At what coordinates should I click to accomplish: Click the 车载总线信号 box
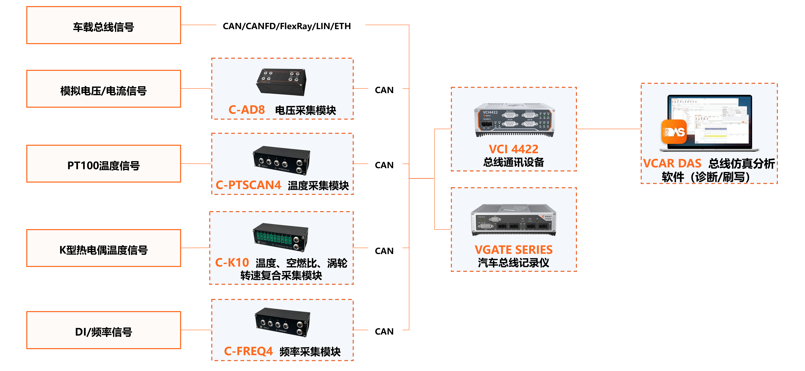[x=103, y=25]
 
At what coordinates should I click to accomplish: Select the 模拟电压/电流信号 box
[x=103, y=89]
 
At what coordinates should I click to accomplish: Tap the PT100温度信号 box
[x=103, y=164]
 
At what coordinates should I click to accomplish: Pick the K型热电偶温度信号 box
[x=103, y=248]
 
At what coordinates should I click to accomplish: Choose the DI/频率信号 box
[x=103, y=330]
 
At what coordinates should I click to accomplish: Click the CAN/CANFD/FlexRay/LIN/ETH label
[x=290, y=25]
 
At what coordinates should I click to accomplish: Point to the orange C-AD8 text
[x=246, y=110]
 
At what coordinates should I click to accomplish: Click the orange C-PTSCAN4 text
[x=249, y=185]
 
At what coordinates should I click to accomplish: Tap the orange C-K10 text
[x=232, y=263]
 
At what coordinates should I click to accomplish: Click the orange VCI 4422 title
[x=513, y=149]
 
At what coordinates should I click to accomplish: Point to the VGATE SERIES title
[x=513, y=249]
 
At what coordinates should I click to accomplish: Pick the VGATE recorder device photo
[x=513, y=220]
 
